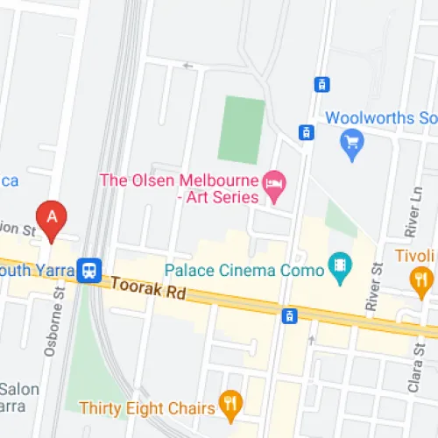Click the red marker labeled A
52,219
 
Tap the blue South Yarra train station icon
88,271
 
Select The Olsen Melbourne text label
179,180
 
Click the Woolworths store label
380,117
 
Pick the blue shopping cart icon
353,140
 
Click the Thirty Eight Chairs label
146,407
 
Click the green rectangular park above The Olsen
241,130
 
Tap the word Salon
19,388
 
